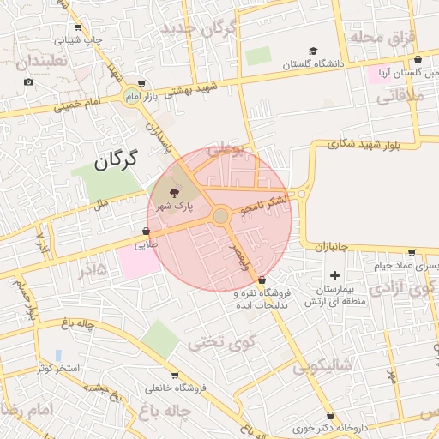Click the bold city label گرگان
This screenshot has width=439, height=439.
(x=114, y=159)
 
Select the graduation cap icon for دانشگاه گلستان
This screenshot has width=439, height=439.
(x=314, y=51)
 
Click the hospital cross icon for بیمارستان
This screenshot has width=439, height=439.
(x=334, y=275)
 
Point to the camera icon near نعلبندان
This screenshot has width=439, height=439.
(x=29, y=82)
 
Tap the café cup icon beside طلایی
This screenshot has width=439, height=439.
(x=147, y=232)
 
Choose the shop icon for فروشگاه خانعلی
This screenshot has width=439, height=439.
(x=176, y=376)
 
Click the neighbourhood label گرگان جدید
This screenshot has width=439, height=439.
(x=205, y=29)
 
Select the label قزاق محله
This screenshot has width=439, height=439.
(x=382, y=38)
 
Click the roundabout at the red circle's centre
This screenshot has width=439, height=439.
(x=220, y=215)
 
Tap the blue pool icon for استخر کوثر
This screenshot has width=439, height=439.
(x=57, y=355)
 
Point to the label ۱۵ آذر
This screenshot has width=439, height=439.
(x=91, y=270)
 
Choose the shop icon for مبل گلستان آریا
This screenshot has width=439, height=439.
(x=418, y=60)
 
